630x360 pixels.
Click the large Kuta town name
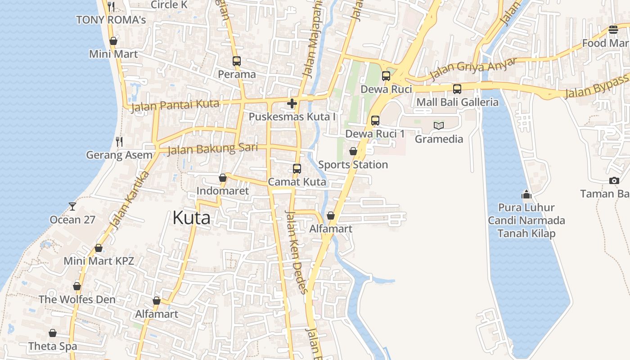click(191, 218)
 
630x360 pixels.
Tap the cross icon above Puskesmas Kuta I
click(292, 104)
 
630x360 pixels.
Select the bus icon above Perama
click(237, 61)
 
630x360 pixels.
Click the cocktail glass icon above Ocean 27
click(72, 207)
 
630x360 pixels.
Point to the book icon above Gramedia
click(438, 126)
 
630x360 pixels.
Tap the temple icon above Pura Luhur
click(526, 194)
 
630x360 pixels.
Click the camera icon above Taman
click(614, 181)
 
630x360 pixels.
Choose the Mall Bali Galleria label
click(457, 102)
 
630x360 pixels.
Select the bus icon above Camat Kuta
click(297, 169)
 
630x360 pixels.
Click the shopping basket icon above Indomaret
click(222, 178)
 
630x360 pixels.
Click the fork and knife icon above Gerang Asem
click(119, 142)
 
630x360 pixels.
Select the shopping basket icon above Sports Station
click(353, 151)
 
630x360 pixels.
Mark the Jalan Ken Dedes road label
click(297, 252)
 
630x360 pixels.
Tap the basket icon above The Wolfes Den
click(77, 286)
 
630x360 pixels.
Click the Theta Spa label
click(53, 346)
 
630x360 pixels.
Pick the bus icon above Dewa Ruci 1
click(375, 121)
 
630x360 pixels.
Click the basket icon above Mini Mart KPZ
click(99, 248)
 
